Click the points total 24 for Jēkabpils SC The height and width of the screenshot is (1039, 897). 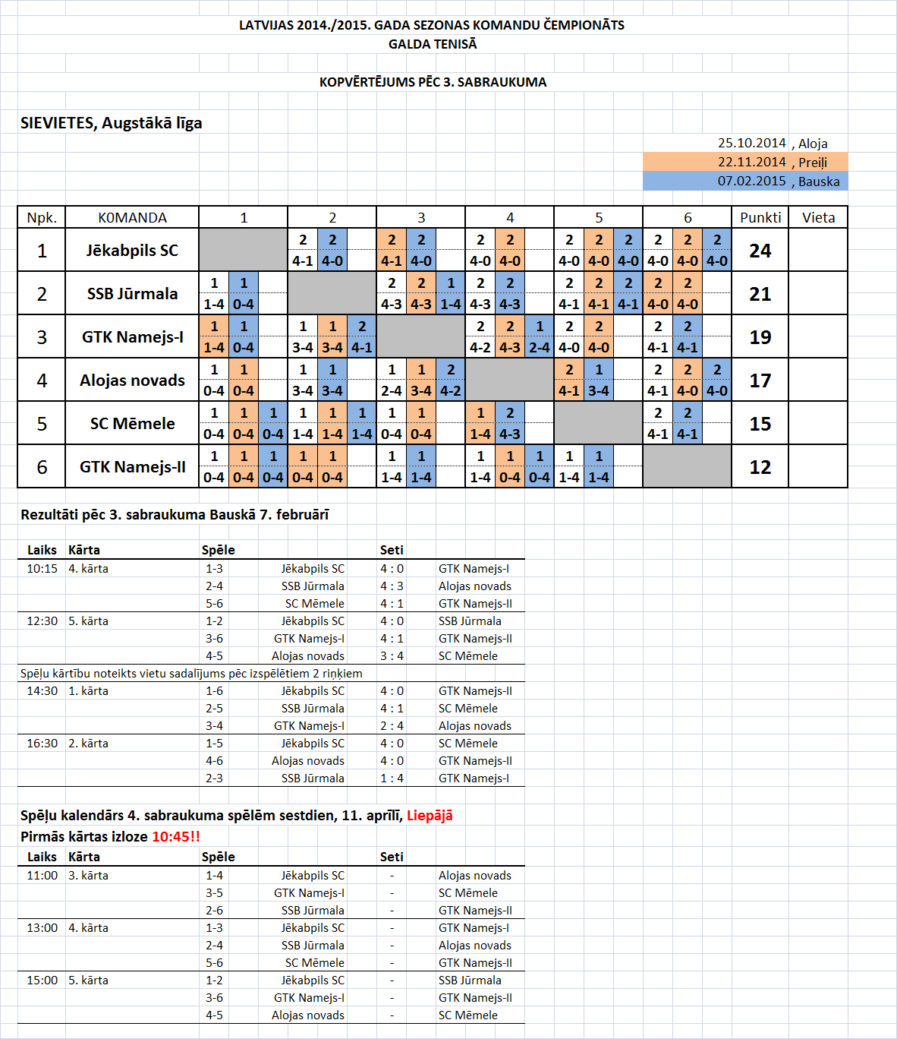(x=760, y=251)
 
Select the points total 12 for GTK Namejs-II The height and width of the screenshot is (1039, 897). (x=760, y=467)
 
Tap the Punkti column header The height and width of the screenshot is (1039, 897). (x=760, y=218)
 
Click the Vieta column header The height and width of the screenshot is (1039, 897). (x=818, y=218)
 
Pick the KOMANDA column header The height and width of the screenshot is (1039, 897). (x=132, y=218)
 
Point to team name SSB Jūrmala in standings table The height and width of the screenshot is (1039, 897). (x=132, y=294)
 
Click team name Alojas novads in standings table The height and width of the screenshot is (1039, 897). (x=132, y=381)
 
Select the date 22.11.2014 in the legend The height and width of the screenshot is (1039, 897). (x=751, y=162)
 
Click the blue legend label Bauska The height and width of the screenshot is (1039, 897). (x=819, y=182)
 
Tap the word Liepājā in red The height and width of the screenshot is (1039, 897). (x=430, y=816)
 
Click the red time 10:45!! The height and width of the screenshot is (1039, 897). (x=176, y=837)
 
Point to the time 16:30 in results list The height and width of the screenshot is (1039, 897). (x=42, y=744)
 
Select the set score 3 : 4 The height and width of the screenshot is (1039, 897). (x=392, y=656)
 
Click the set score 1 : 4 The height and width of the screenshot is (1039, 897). (x=392, y=778)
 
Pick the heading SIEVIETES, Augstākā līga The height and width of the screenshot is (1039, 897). (x=112, y=123)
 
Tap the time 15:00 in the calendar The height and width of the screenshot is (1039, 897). (x=42, y=981)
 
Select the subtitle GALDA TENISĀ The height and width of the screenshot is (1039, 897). (x=433, y=44)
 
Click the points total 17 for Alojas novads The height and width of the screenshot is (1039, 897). (x=760, y=381)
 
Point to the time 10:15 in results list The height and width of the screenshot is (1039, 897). (x=42, y=569)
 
